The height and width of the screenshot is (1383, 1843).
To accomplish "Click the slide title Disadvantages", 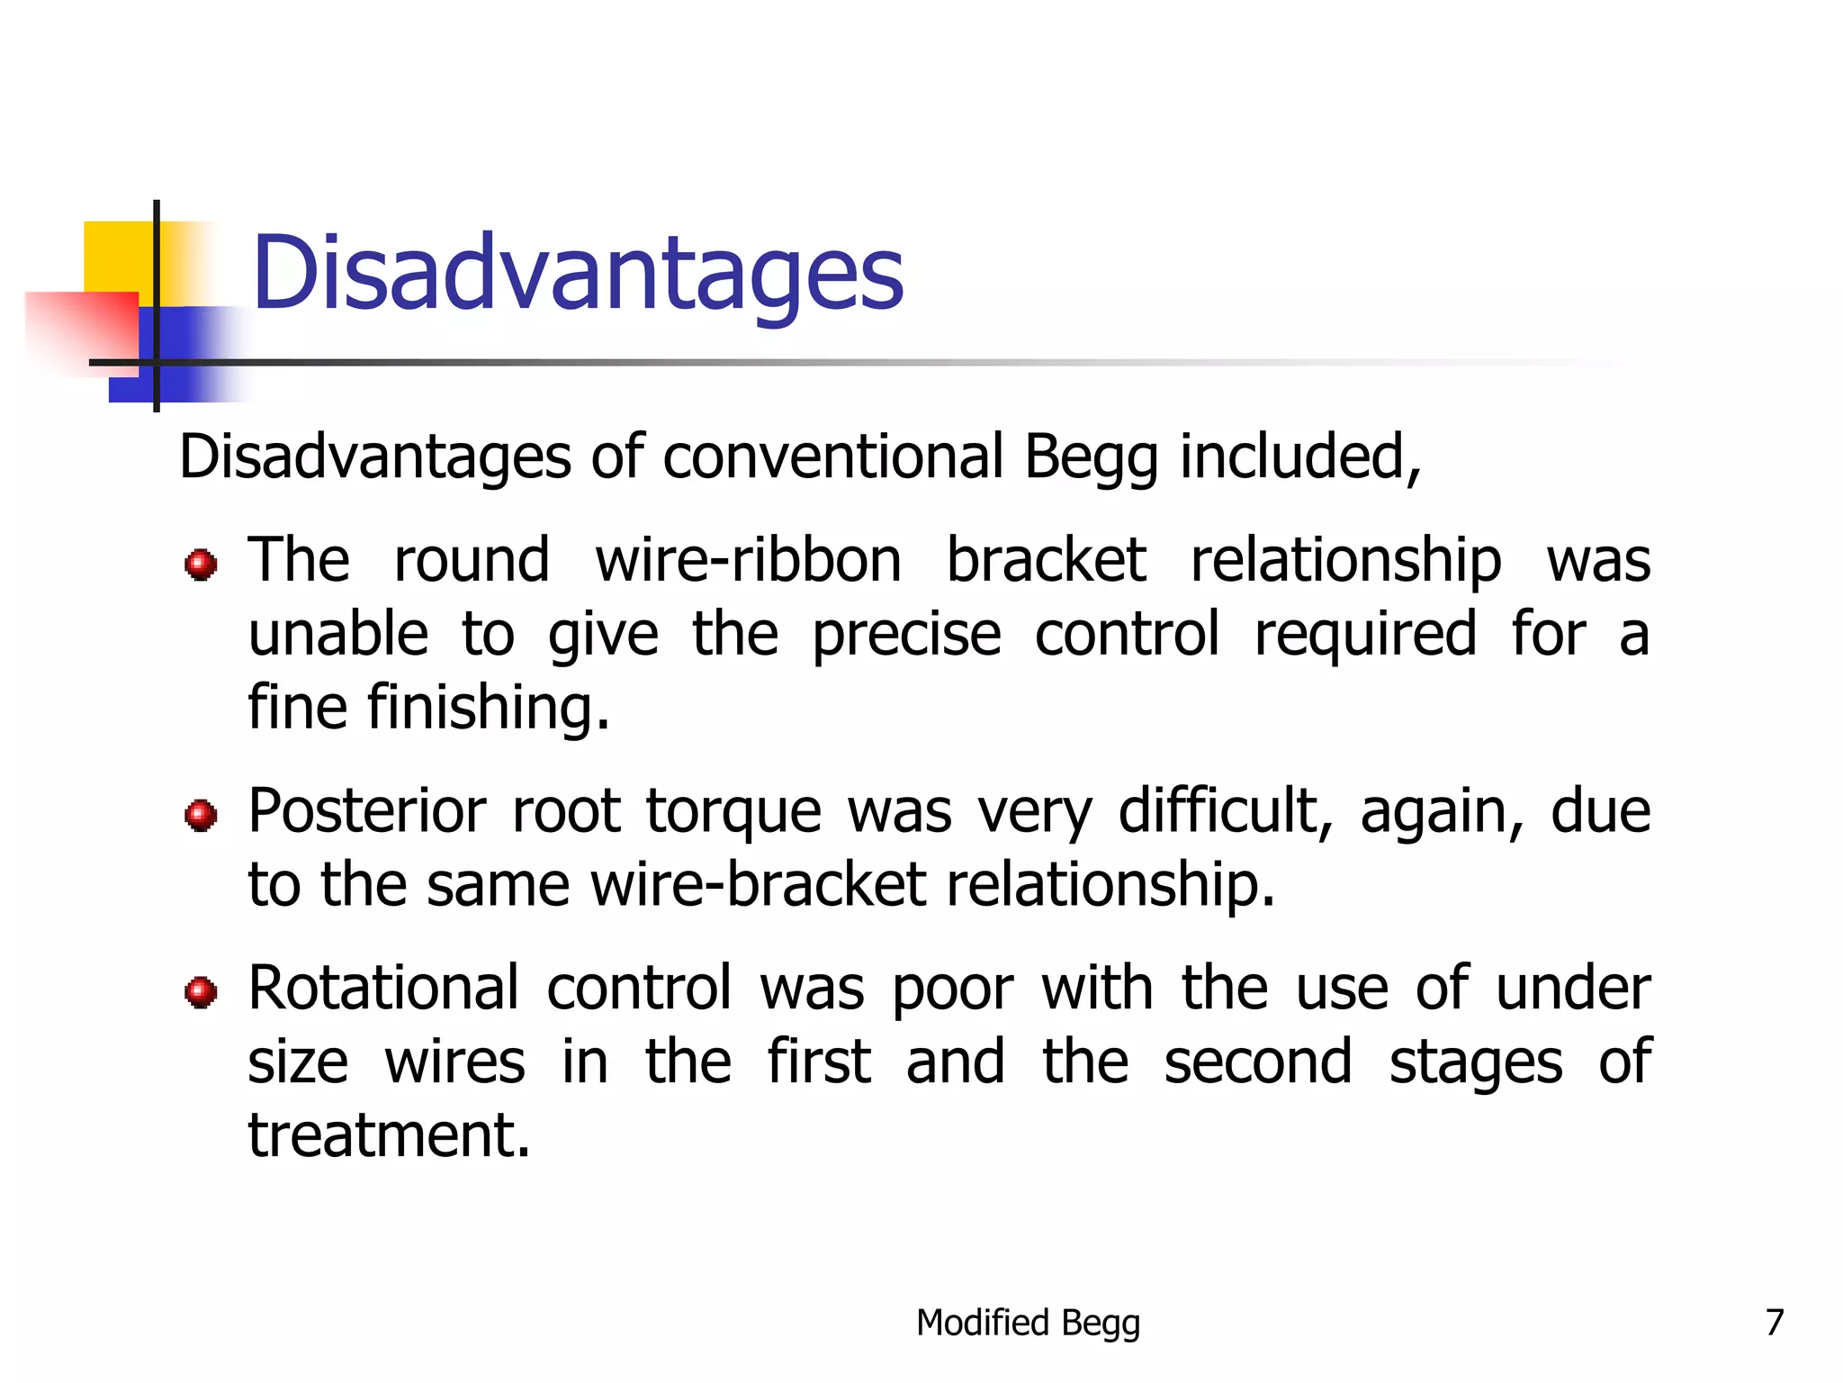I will tap(578, 273).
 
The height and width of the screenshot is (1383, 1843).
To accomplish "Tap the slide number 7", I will tap(1774, 1322).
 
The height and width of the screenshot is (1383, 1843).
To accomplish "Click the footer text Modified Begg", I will tap(1028, 1323).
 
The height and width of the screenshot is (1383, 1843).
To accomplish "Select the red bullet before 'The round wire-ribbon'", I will tap(200, 565).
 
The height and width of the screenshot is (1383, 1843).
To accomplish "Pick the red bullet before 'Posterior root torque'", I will tap(200, 815).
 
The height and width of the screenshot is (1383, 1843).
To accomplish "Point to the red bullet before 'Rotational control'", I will tap(200, 991).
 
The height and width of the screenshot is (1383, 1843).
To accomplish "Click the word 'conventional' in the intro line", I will tap(833, 456).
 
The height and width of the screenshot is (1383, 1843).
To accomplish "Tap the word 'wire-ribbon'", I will tap(748, 560).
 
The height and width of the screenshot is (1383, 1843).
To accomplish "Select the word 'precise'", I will tap(905, 634).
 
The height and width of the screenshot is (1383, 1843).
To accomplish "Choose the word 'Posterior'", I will tap(367, 810).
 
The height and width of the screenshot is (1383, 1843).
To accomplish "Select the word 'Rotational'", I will tap(384, 988).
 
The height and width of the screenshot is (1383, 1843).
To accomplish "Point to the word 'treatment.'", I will tap(390, 1134).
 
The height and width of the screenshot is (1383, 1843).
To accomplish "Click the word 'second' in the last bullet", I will tap(1258, 1062).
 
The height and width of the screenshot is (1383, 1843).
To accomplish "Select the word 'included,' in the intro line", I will tap(1300, 456).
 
